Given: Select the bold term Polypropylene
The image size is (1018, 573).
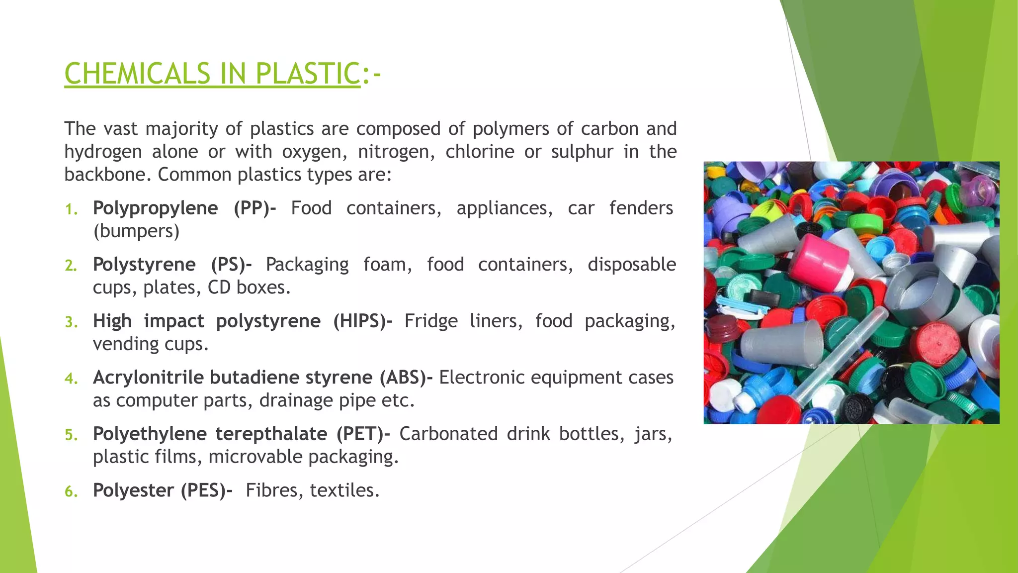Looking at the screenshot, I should coord(155,208).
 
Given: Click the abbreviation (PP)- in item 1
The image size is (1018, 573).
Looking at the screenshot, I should coord(254,208).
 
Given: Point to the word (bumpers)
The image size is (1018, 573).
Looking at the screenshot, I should coord(136,231).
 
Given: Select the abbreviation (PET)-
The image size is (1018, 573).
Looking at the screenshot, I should coord(363,434).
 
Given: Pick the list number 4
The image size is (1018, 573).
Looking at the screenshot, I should coord(71,379).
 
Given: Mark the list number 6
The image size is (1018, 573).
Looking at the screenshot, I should coord(71,491).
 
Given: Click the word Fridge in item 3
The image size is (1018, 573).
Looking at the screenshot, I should coord(431,321).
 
